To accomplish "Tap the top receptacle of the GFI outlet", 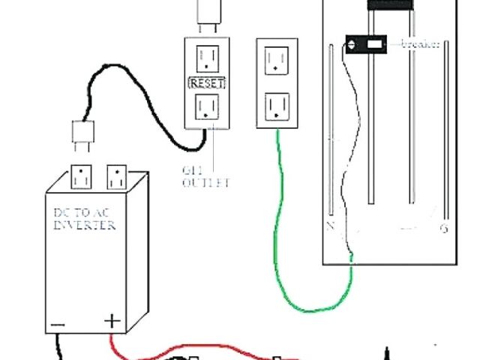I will pos(208,58).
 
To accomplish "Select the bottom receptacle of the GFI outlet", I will pos(207,107).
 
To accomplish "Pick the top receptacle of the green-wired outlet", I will pos(277,58).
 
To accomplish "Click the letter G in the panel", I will pos(444,227).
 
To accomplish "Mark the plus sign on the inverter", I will pos(112,322).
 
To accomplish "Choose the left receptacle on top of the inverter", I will pos(80,178).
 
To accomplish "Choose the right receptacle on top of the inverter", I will pos(116,178).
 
